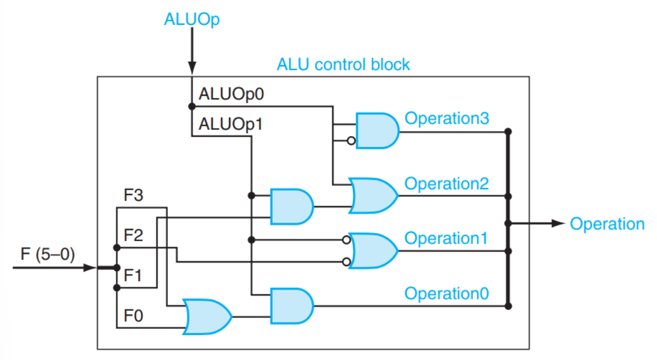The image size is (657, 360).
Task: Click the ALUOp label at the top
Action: point(192,20)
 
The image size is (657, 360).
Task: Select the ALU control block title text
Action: point(343,63)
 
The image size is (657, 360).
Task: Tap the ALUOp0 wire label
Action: point(230,94)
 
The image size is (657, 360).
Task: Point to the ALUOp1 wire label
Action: point(230,123)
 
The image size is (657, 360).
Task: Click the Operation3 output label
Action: point(447,118)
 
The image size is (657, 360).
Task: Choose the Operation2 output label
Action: point(447,183)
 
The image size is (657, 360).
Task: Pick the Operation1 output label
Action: point(447,238)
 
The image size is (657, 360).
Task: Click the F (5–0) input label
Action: point(47,254)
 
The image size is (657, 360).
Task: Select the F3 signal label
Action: point(133,195)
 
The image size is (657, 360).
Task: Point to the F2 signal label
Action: point(133,235)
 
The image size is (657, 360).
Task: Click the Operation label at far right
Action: point(607,224)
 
